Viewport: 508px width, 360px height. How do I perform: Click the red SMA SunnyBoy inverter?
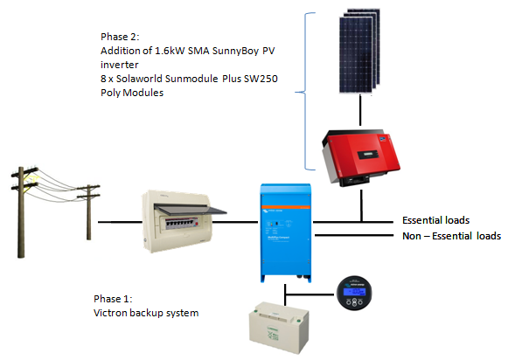(x=360, y=157)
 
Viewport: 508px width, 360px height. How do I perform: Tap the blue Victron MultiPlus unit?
(x=286, y=232)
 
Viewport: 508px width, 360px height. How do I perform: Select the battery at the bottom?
(x=279, y=328)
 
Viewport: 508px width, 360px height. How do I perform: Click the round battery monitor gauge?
(x=354, y=294)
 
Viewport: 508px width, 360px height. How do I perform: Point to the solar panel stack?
(x=359, y=52)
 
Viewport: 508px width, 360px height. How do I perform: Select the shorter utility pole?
(x=88, y=212)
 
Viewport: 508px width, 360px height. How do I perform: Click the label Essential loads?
(x=435, y=220)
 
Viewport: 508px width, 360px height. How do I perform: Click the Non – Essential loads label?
(x=452, y=236)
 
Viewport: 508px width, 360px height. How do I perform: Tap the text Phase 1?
(x=113, y=299)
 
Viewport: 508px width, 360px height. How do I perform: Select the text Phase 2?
(x=120, y=37)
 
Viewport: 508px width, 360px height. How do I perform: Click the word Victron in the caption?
(x=110, y=313)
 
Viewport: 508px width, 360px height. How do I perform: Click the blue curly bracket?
(x=305, y=91)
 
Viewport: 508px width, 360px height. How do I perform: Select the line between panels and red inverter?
(x=360, y=110)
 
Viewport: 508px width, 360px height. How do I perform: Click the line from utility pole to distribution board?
(x=120, y=222)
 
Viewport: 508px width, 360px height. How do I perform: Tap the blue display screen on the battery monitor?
(x=354, y=292)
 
